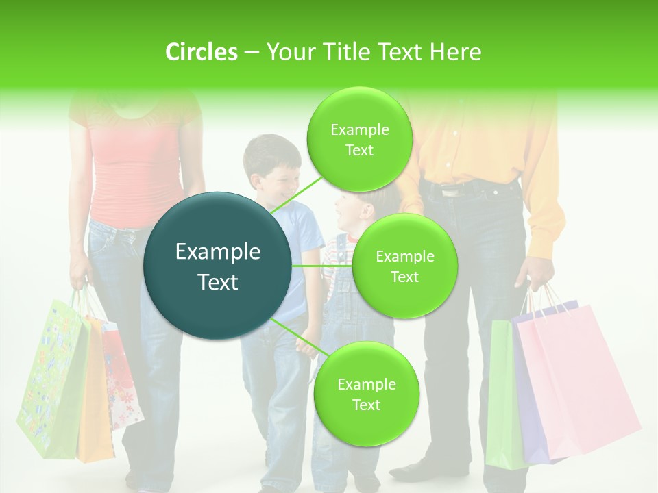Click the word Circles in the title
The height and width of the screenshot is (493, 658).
(x=201, y=52)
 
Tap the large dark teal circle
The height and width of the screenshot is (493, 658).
(x=218, y=266)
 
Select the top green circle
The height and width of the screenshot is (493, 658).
(x=359, y=139)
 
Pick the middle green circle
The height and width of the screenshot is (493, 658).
(x=404, y=266)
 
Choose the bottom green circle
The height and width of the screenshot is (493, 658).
(x=366, y=394)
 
